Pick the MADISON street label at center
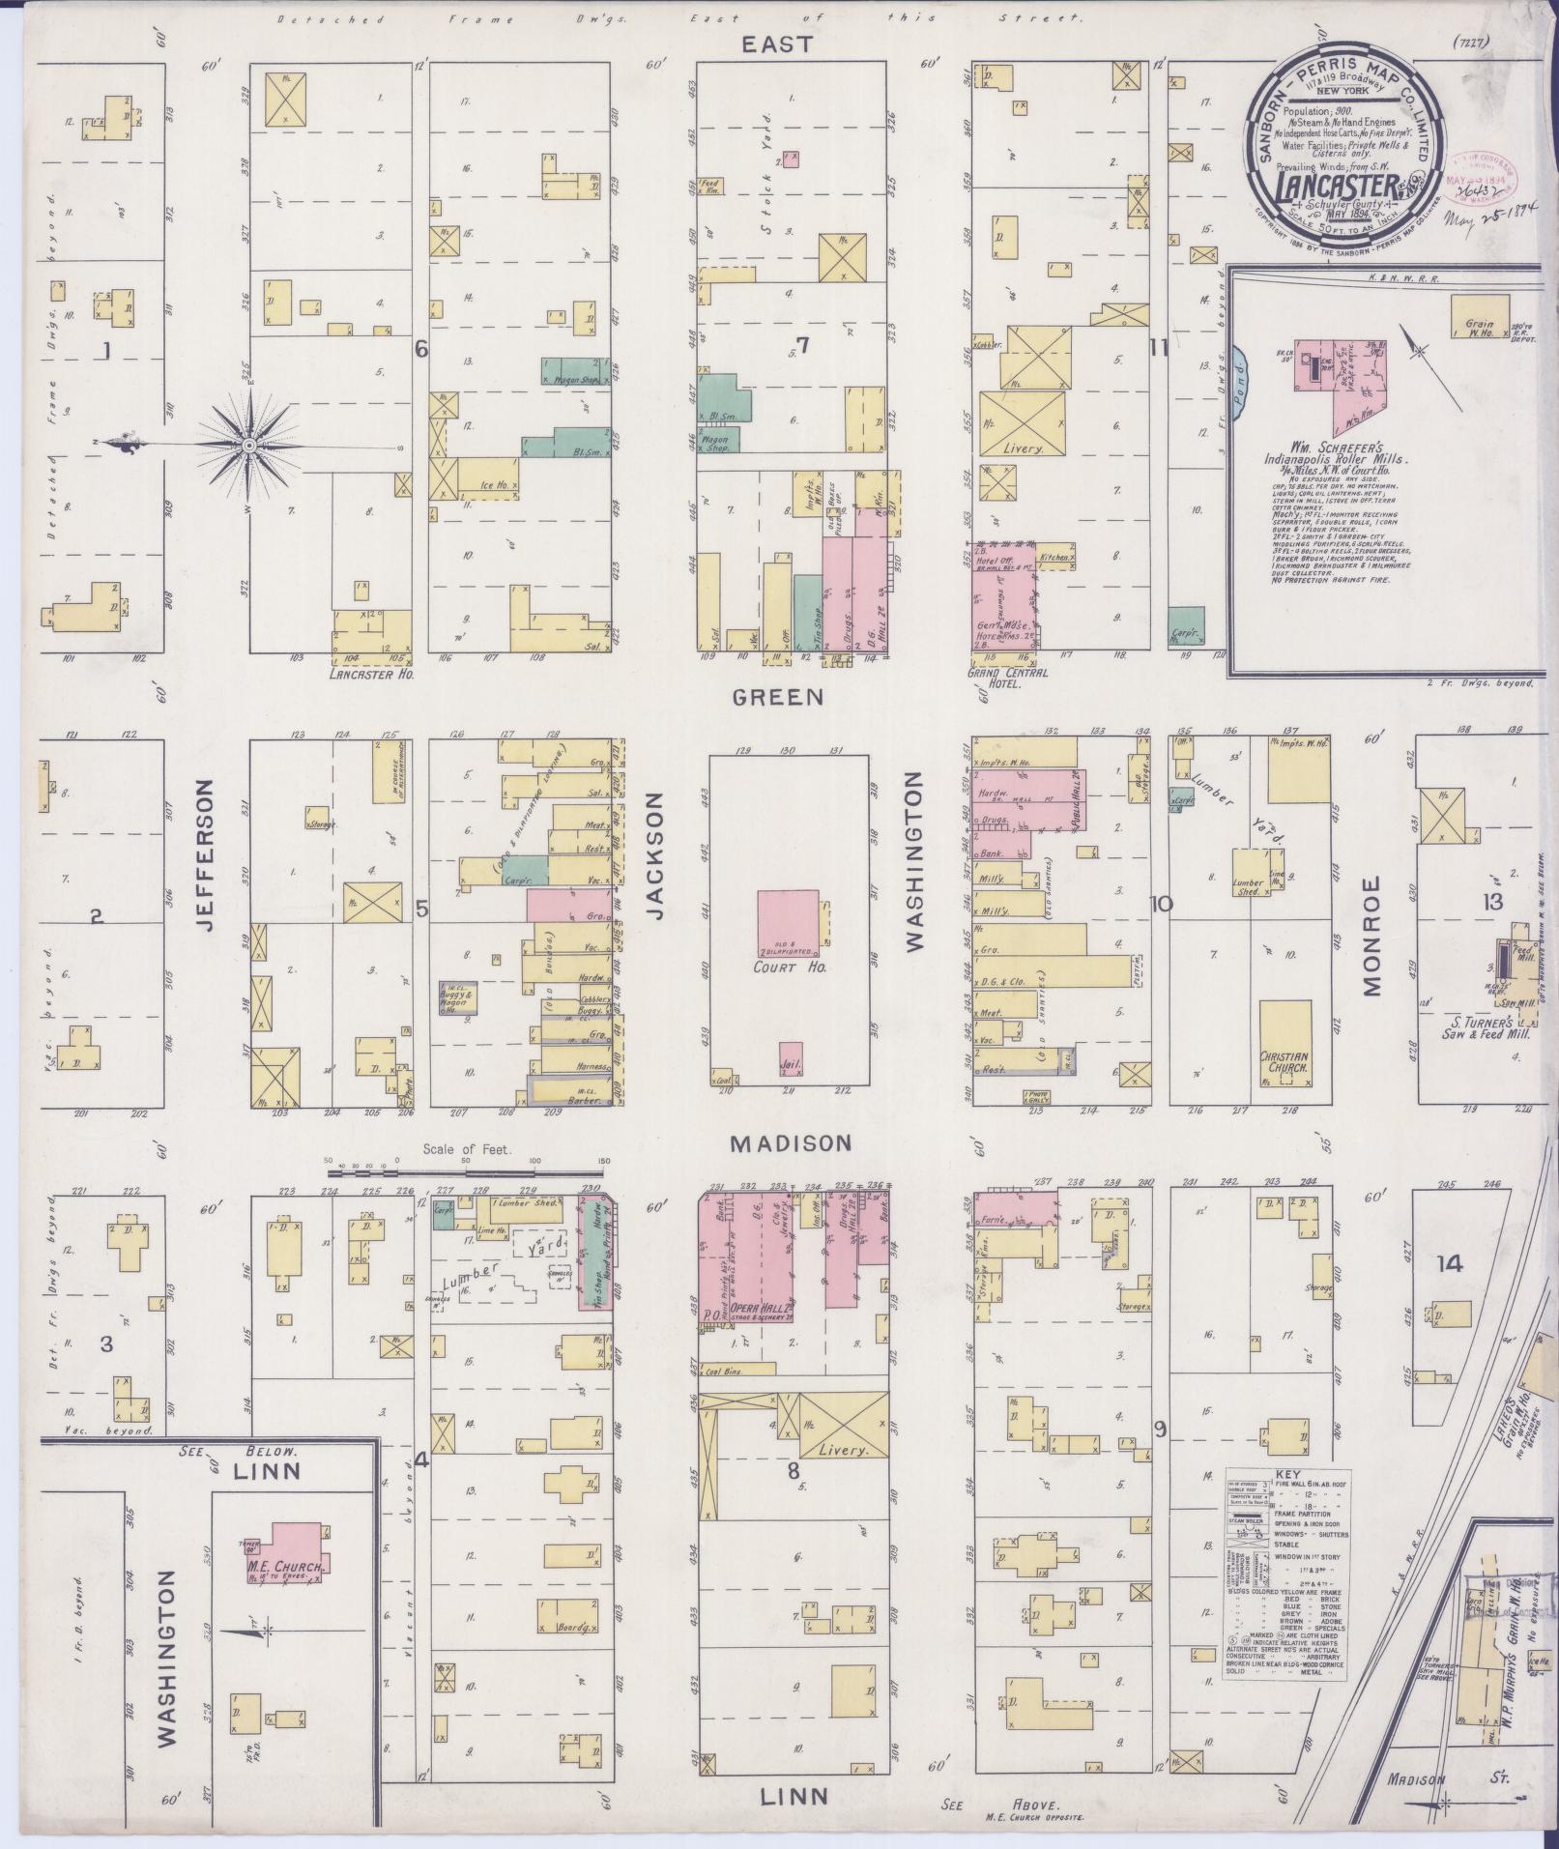(x=791, y=1143)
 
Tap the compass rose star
(x=249, y=445)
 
